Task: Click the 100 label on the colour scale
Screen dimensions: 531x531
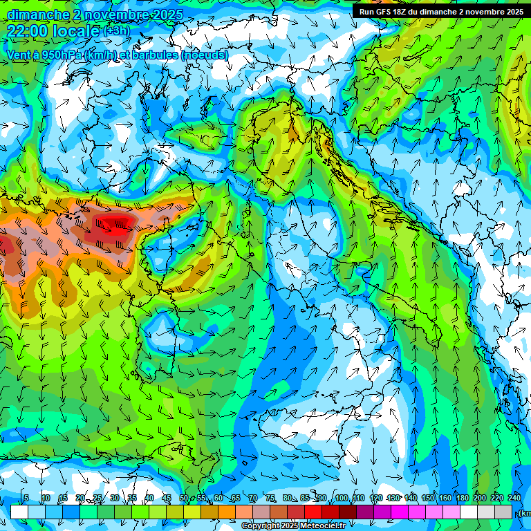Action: (x=341, y=499)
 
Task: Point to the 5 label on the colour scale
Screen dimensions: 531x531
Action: (x=26, y=499)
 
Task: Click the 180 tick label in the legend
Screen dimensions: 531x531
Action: (x=461, y=499)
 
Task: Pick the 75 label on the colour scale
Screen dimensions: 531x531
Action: (x=270, y=499)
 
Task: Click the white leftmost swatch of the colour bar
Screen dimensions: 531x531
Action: (x=19, y=512)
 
